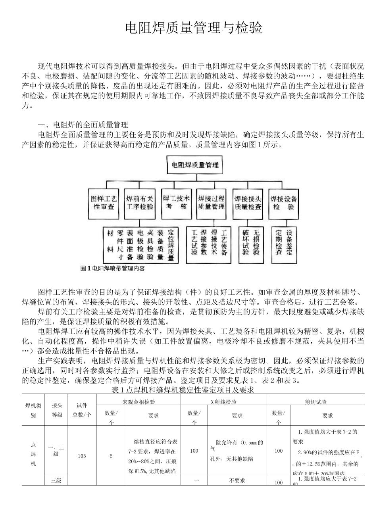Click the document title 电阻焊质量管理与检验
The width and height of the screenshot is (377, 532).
(194, 28)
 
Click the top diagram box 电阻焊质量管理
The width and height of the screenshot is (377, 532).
(195, 164)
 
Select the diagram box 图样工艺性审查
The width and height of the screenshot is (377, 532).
(104, 203)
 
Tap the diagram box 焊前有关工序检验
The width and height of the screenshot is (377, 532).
(140, 203)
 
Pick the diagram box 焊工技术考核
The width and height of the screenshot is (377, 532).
(176, 203)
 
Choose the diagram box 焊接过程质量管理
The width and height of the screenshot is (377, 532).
(211, 203)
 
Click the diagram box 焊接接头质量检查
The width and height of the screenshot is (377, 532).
(248, 203)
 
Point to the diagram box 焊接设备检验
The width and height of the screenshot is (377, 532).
(283, 203)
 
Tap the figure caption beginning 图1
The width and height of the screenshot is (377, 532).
(112, 269)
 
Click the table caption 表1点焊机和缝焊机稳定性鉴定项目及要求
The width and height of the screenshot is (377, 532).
(183, 390)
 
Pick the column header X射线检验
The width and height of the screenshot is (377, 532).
(223, 401)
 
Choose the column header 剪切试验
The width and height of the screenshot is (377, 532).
(316, 401)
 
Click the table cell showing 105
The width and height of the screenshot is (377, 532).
(82, 456)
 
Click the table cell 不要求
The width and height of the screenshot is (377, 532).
(237, 480)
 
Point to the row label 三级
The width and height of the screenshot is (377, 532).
(56, 480)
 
